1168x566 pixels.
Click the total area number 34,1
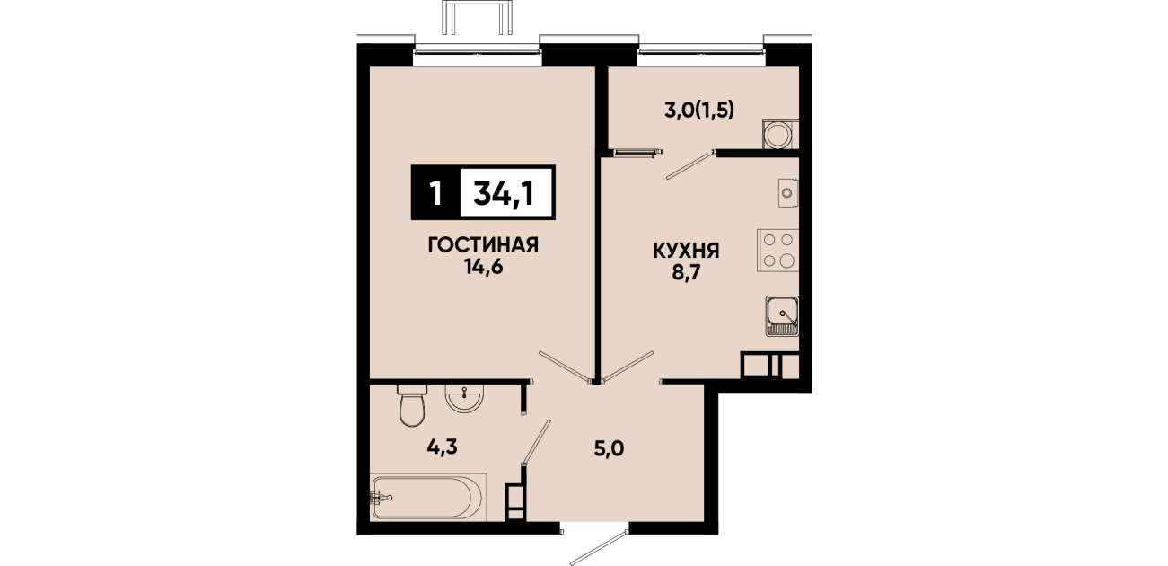[503, 194]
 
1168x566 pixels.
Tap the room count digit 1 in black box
[436, 193]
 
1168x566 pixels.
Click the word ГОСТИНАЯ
[483, 244]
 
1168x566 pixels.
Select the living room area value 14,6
[483, 267]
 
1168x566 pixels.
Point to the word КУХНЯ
[686, 251]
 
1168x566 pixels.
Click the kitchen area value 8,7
[685, 273]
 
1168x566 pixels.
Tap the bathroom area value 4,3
[443, 447]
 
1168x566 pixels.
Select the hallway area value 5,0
[609, 448]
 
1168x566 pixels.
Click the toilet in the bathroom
[412, 405]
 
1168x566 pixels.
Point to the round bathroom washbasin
[464, 399]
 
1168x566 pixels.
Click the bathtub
[427, 497]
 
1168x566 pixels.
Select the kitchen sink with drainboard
[782, 316]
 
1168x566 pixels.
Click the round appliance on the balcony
[778, 135]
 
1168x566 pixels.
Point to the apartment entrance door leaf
[599, 547]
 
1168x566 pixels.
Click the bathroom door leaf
[536, 442]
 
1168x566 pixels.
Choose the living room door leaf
[566, 367]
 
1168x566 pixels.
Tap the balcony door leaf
[690, 164]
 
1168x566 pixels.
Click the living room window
[477, 51]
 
